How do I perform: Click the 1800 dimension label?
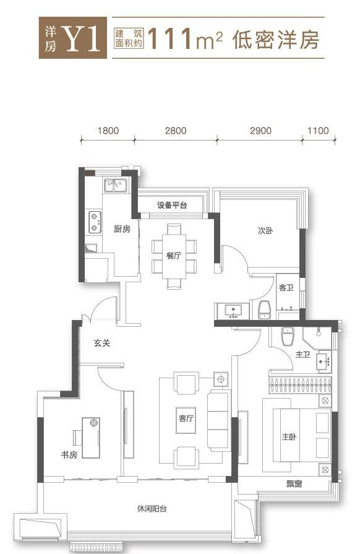[x=108, y=131]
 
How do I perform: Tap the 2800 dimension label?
[x=176, y=131]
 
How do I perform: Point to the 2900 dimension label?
[x=261, y=131]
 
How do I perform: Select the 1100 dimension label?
[x=318, y=131]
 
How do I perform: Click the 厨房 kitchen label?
[x=122, y=229]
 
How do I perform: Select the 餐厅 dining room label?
[x=174, y=256]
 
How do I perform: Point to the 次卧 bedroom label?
[x=265, y=231]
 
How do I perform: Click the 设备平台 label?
[x=172, y=205]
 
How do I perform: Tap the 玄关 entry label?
[x=102, y=343]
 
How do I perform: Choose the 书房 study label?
[x=69, y=455]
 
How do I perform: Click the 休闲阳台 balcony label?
[x=152, y=509]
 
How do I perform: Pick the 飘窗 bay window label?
[x=294, y=483]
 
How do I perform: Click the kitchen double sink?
[x=116, y=185]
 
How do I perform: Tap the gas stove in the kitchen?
[x=95, y=222]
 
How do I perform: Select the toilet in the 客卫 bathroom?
[x=265, y=310]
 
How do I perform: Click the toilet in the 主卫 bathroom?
[x=288, y=336]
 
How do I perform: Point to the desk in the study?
[x=91, y=438]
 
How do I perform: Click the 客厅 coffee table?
[x=186, y=420]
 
